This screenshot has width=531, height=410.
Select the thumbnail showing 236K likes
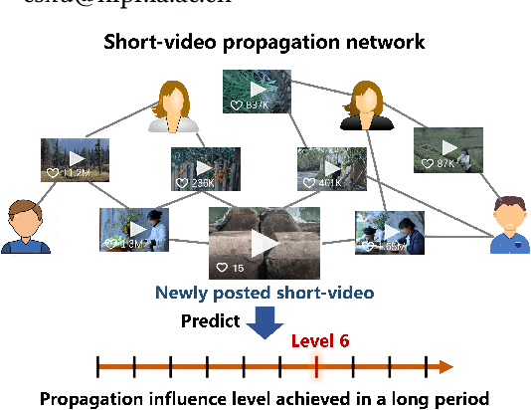point(206,169)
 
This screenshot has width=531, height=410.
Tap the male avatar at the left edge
point(26,228)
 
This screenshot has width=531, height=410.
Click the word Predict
point(210,320)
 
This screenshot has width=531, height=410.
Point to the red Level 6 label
point(319,340)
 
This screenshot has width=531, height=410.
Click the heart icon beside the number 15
point(223,268)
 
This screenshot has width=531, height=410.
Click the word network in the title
point(389,43)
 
